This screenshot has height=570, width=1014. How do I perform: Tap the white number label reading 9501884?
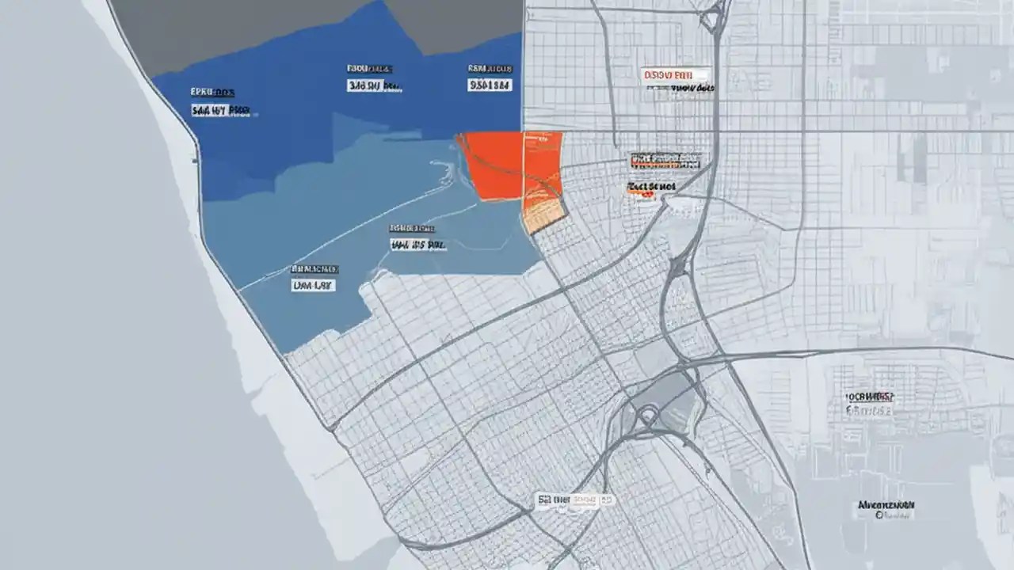(490, 85)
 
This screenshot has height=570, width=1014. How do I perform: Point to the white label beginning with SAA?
(221, 111)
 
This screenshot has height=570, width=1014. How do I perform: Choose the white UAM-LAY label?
(313, 285)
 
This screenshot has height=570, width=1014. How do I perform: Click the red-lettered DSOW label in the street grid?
(669, 74)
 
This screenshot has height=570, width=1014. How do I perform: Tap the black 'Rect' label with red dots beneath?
(650, 188)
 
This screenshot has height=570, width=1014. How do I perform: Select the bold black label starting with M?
(886, 504)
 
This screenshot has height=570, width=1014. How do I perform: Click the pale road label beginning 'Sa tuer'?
(575, 500)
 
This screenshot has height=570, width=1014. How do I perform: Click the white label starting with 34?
(373, 85)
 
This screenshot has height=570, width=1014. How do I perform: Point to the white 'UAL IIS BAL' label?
(417, 245)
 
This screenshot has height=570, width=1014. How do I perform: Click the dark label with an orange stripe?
(665, 161)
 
